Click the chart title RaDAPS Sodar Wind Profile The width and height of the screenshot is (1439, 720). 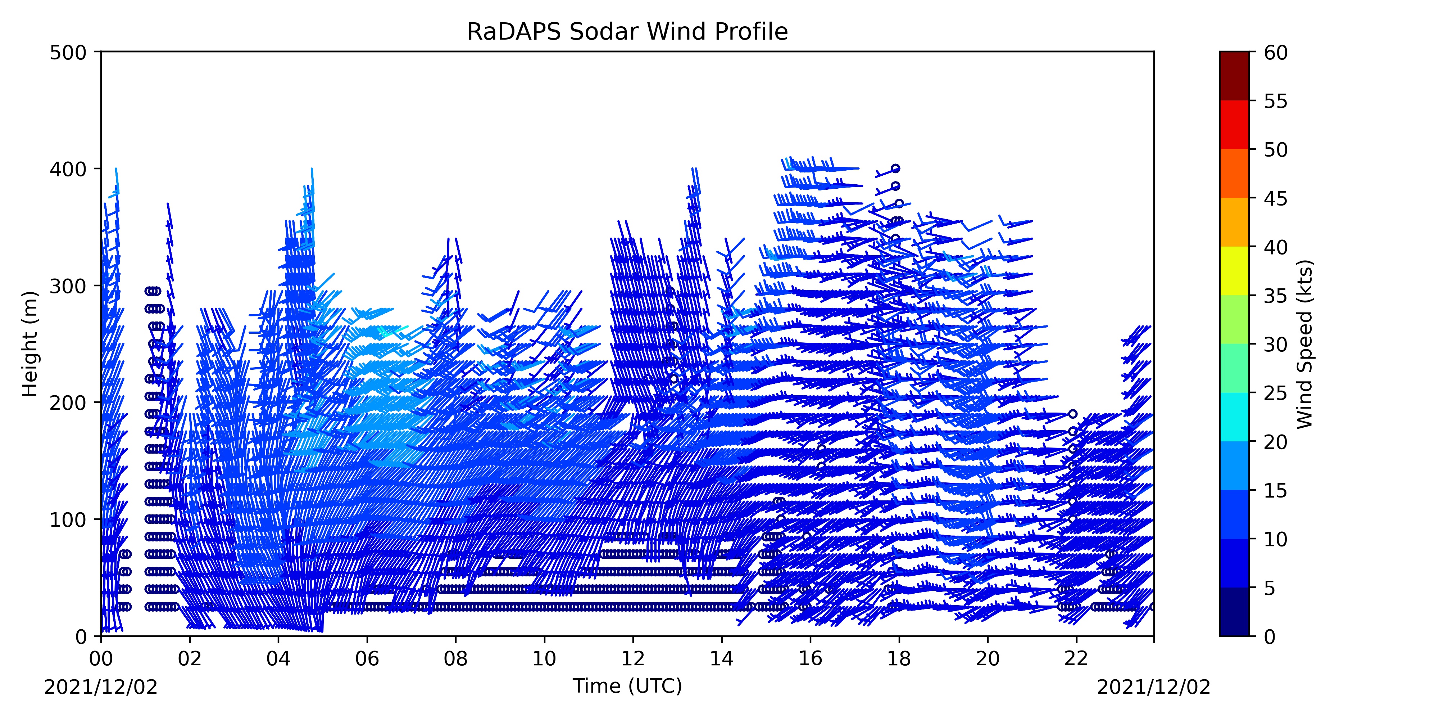[627, 32]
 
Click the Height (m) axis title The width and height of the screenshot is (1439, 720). [30, 344]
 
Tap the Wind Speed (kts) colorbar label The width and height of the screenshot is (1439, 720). [1304, 344]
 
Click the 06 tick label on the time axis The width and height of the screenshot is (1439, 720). [367, 658]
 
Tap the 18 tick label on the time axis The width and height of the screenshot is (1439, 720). [899, 658]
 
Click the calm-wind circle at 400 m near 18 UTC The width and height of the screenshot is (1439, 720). [895, 168]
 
